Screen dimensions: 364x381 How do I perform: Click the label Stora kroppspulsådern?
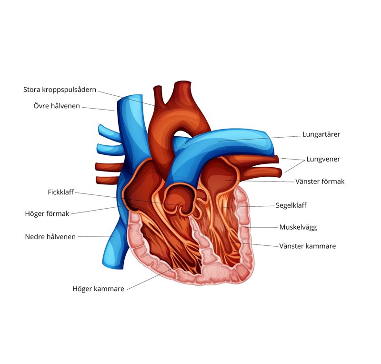click(x=60, y=90)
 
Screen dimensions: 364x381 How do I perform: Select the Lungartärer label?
click(x=321, y=134)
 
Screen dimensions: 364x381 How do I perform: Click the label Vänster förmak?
click(x=320, y=182)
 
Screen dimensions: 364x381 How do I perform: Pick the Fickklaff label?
click(x=60, y=192)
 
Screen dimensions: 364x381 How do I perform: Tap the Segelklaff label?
click(x=291, y=205)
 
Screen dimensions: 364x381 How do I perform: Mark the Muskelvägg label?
click(x=298, y=227)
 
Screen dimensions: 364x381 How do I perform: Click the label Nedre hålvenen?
click(x=50, y=237)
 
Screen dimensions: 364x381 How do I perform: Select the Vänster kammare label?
click(x=307, y=246)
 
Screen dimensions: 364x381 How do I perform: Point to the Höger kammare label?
click(x=98, y=289)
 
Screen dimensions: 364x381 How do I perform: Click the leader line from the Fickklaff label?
click(x=124, y=198)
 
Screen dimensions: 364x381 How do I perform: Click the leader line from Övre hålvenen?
click(x=98, y=108)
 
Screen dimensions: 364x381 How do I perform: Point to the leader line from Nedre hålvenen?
click(x=95, y=236)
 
